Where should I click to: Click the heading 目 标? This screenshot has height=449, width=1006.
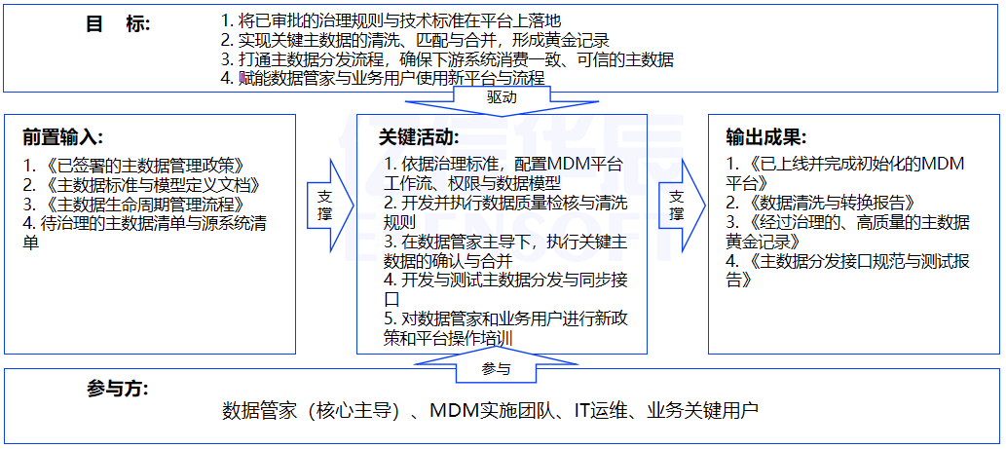click(118, 24)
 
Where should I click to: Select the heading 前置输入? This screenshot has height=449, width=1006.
click(63, 137)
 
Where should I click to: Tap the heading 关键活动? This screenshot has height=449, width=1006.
click(419, 137)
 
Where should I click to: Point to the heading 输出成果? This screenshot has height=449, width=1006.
click(766, 137)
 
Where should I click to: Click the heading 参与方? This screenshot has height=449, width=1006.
click(117, 389)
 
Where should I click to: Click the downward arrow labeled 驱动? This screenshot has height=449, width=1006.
click(502, 98)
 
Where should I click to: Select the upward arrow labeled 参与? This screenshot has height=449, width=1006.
click(496, 369)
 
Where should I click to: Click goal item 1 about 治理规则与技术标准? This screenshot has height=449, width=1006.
click(391, 19)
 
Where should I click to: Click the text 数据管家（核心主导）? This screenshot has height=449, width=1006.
click(312, 410)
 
